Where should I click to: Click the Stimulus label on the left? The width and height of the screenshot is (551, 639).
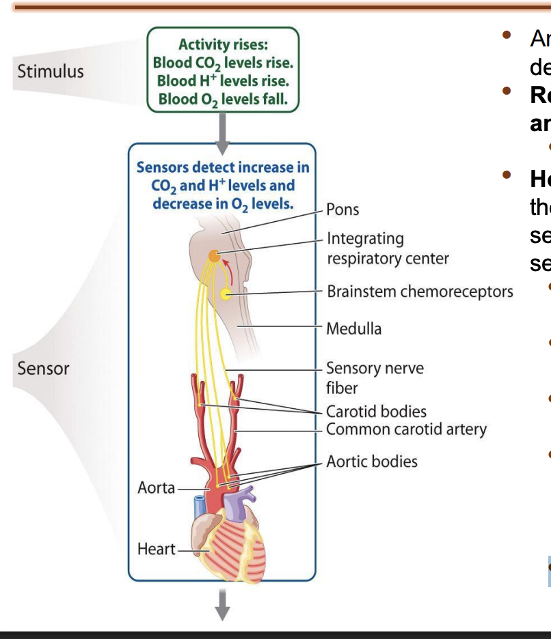(51, 71)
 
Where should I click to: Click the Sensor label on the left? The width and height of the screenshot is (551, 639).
(43, 369)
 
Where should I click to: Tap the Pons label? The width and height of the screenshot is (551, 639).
(342, 210)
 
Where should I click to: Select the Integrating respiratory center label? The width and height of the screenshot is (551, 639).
(387, 248)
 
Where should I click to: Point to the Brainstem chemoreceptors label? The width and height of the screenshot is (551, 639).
(419, 292)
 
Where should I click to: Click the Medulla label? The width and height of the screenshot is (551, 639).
(353, 328)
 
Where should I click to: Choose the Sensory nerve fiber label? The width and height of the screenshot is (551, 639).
(374, 378)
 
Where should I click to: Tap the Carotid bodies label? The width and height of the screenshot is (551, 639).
(376, 412)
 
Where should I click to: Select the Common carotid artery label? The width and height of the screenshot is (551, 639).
(406, 429)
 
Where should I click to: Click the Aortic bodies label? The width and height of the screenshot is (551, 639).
(371, 461)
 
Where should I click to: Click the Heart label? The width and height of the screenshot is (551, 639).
(155, 549)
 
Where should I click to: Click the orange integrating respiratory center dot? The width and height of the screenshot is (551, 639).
(214, 256)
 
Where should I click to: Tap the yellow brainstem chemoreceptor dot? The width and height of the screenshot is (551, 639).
(226, 294)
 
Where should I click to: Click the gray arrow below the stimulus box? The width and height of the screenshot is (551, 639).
(222, 127)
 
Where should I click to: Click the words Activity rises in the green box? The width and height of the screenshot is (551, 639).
(223, 45)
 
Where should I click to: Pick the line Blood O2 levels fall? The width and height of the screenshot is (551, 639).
(223, 99)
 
